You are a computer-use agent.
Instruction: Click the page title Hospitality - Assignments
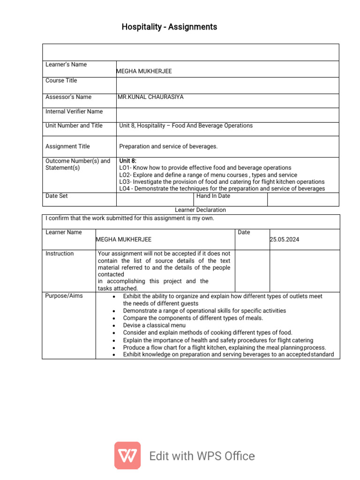click(x=169, y=27)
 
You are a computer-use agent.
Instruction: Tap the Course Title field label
click(x=61, y=81)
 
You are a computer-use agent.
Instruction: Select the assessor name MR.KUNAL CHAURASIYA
click(x=151, y=97)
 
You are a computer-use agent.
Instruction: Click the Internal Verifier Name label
click(x=74, y=112)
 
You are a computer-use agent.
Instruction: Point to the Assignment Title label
click(x=67, y=146)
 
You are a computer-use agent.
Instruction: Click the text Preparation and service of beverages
click(x=168, y=146)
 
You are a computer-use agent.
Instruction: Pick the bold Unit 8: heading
click(x=128, y=161)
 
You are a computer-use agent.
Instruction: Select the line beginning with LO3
click(x=222, y=181)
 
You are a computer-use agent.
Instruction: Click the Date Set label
click(x=57, y=196)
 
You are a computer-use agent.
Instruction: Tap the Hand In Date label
click(x=213, y=196)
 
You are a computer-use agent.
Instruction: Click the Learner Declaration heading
click(x=200, y=210)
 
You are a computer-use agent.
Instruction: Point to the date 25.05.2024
click(x=285, y=240)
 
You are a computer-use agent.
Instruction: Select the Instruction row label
click(x=60, y=254)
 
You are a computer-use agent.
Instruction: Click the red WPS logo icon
click(x=127, y=456)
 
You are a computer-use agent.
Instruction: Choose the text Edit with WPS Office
click(x=202, y=456)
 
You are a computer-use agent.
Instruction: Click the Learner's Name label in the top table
click(x=66, y=65)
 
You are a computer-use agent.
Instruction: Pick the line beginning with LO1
click(x=205, y=168)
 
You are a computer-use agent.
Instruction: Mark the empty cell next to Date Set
click(x=155, y=199)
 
